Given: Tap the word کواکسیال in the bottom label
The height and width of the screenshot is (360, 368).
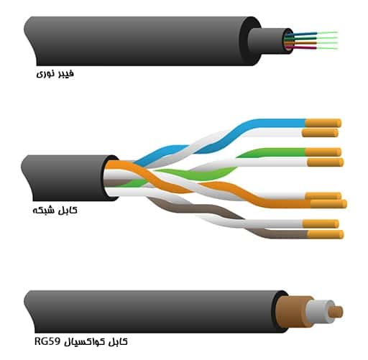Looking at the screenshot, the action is [87, 342].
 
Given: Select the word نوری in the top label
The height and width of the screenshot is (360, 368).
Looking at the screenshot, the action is [45, 73].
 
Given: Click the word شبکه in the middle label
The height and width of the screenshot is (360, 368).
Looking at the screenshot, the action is [44, 211].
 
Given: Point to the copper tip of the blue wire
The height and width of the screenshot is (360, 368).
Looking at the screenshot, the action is [323, 123].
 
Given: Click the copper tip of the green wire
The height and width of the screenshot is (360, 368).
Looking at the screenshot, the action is [323, 152].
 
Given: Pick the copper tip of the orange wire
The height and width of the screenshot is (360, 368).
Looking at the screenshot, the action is [328, 204].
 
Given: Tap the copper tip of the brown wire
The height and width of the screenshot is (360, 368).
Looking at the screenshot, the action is [326, 234].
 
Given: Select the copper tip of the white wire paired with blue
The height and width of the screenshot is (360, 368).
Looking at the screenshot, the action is [320, 133].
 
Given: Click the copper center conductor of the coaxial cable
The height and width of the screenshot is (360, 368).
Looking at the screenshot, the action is [336, 312].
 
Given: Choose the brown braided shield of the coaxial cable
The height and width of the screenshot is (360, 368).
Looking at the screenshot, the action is [293, 312].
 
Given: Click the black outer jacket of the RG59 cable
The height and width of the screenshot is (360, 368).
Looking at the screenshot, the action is [153, 312].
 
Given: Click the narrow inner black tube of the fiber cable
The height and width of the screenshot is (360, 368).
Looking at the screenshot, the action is [266, 41].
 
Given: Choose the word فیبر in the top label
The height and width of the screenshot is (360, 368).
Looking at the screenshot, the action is [65, 73].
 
